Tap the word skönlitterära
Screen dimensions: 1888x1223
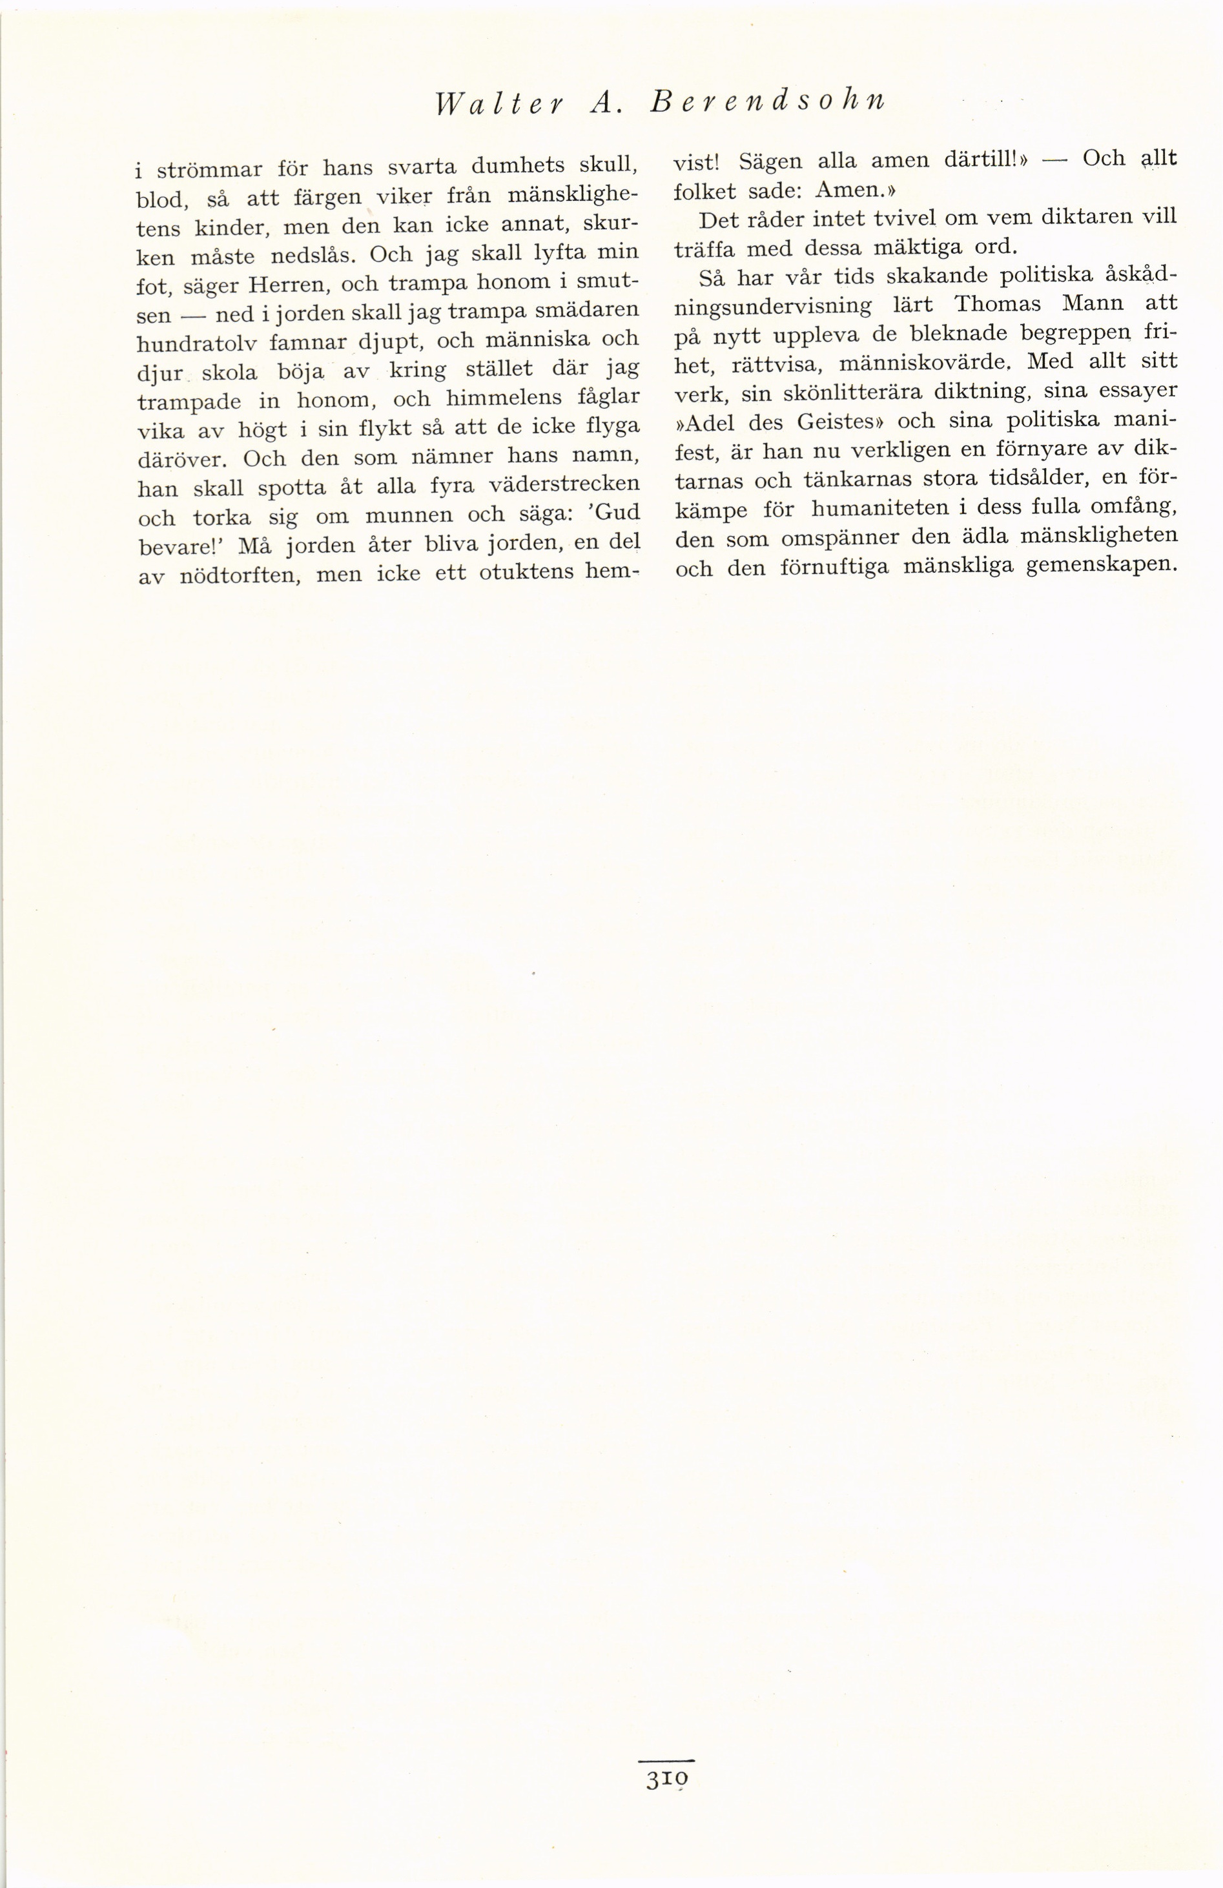[x=805, y=391]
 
